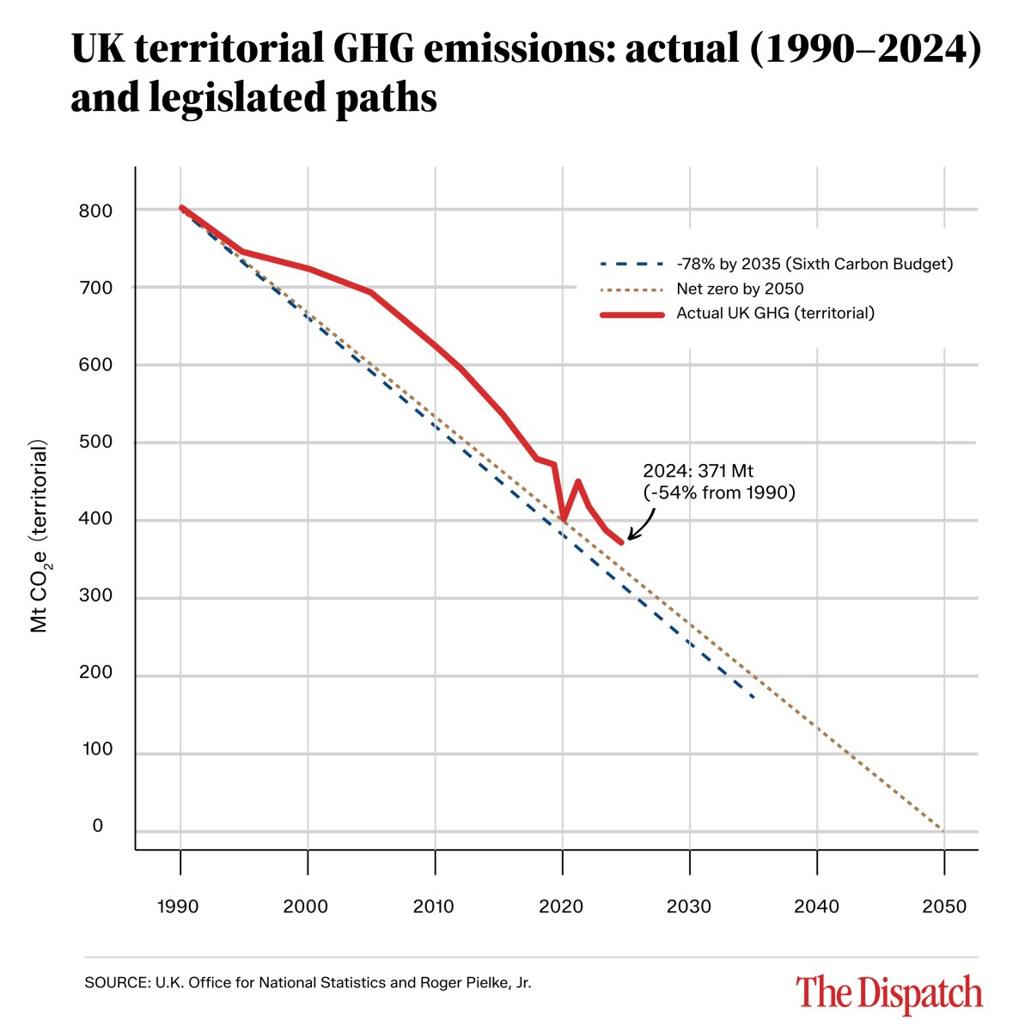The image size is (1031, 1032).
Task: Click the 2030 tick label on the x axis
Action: [x=689, y=907]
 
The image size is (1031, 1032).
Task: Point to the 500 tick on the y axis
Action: [x=95, y=442]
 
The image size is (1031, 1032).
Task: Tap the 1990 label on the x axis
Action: [x=179, y=907]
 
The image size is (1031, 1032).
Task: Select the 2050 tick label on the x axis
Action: [x=943, y=907]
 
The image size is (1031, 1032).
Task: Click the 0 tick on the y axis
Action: [x=98, y=826]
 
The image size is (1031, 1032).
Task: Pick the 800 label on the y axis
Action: [x=95, y=211]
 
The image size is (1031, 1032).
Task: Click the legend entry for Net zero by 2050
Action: [x=740, y=289]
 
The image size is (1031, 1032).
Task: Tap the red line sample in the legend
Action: [x=631, y=314]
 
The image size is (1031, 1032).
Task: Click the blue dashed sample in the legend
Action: [x=631, y=264]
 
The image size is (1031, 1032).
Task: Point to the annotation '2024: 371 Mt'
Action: [x=698, y=471]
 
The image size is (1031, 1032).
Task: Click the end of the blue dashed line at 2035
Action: [x=753, y=697]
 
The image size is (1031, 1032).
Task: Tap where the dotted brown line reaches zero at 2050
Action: [x=943, y=831]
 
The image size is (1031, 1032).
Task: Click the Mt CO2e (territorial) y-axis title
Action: [x=40, y=537]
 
